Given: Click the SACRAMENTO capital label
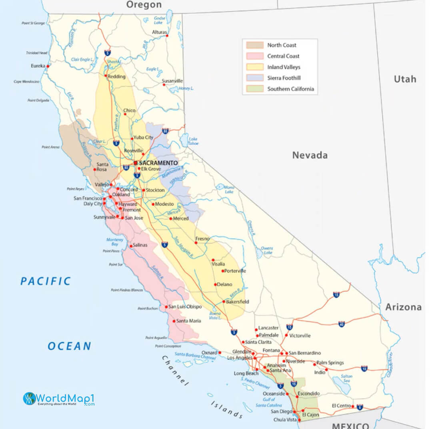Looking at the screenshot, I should [x=158, y=163].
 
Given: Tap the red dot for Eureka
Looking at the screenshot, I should [x=48, y=66].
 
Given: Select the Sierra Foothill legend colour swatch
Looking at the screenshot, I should [x=255, y=78].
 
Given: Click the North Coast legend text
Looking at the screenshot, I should [x=282, y=45].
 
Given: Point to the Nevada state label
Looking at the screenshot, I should [x=310, y=155].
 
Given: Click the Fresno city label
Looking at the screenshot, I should [x=202, y=239].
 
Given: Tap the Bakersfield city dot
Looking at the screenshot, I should [x=224, y=301].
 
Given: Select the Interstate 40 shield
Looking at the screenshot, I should [x=341, y=324].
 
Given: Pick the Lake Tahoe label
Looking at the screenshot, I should [x=193, y=141].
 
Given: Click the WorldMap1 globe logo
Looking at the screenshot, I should [x=29, y=398].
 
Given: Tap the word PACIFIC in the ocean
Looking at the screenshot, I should [x=46, y=281].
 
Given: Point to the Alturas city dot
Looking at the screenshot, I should [x=167, y=36].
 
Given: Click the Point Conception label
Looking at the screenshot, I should [x=168, y=346].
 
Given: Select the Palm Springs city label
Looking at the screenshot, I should [x=330, y=363].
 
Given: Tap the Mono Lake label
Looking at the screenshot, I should [x=229, y=189].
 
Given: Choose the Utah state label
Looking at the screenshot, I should [x=405, y=79].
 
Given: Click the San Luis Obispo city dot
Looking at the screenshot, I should [x=166, y=307].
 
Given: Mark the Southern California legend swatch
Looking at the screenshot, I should [x=255, y=89].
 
